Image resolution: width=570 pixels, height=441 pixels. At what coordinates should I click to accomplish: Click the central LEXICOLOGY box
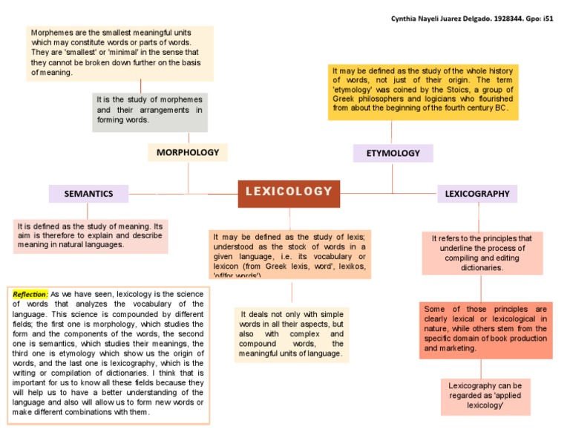pyautogui.click(x=289, y=192)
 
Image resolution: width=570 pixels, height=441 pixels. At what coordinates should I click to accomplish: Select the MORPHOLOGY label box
pyautogui.click(x=188, y=152)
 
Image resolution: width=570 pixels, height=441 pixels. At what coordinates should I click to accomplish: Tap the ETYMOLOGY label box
pyautogui.click(x=393, y=153)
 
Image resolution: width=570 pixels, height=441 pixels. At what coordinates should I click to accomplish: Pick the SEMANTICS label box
pyautogui.click(x=88, y=194)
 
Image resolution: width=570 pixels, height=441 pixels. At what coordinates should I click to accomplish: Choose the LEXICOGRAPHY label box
pyautogui.click(x=477, y=194)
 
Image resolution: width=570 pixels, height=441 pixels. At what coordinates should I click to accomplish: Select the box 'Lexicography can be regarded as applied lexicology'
pyautogui.click(x=485, y=396)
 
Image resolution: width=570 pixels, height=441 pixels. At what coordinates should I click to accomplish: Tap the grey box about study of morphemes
pyautogui.click(x=149, y=110)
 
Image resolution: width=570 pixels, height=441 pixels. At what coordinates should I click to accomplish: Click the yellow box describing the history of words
pyautogui.click(x=423, y=91)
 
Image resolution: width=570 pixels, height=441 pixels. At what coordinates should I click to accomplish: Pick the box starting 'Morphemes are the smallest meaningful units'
pyautogui.click(x=119, y=53)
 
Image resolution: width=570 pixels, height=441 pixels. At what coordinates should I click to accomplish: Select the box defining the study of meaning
pyautogui.click(x=90, y=235)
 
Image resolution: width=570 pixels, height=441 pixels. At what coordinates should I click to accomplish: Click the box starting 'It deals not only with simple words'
pyautogui.click(x=291, y=334)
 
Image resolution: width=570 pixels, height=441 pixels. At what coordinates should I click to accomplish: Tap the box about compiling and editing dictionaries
pyautogui.click(x=482, y=252)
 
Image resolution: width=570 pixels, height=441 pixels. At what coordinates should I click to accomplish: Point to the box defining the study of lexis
pyautogui.click(x=289, y=254)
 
